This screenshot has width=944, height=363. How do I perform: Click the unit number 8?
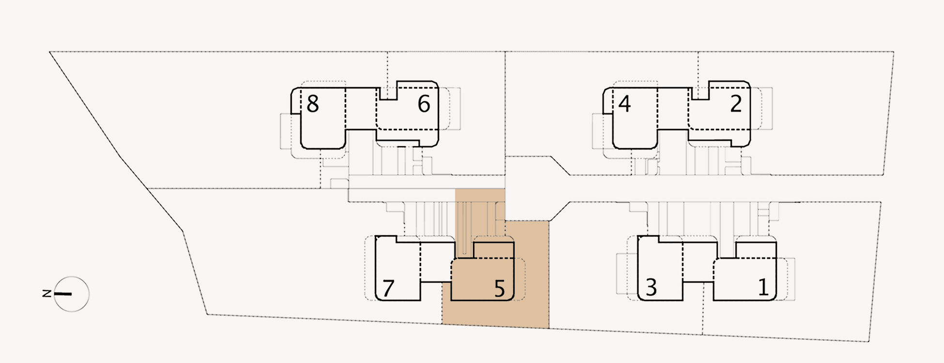point(313,104)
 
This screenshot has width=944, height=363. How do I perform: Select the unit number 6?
point(424,104)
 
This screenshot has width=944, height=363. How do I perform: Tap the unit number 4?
point(624,104)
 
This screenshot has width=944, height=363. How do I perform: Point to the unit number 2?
point(736,104)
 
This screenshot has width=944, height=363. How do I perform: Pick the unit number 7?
point(388,288)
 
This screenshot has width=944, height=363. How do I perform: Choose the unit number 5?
point(500,288)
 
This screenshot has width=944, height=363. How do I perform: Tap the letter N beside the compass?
point(47,293)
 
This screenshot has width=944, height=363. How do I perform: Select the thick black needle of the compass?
point(63,294)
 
